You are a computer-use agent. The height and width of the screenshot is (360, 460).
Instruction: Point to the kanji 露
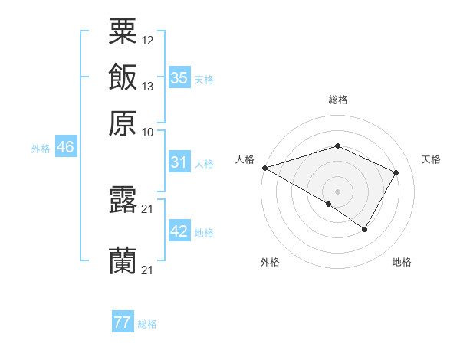123,201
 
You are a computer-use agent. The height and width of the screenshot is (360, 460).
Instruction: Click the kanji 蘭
123,262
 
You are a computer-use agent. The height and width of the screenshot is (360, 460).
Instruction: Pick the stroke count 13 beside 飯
148,86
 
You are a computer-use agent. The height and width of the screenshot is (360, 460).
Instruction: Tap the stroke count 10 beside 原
148,131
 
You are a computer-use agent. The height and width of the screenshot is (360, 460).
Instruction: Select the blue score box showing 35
179,77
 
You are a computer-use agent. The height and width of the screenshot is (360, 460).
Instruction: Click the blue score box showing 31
179,162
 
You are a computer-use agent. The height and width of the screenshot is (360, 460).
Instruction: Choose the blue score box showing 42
179,231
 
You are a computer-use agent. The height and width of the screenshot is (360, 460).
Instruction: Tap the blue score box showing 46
65,147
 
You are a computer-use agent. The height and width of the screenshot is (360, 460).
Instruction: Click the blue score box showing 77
123,322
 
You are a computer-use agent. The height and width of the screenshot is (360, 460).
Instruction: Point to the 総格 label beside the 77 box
147,324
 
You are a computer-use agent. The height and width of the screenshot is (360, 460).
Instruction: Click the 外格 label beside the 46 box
41,148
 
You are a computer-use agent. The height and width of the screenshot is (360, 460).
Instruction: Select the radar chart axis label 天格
431,159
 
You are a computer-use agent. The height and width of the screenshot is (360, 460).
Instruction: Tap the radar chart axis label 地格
402,262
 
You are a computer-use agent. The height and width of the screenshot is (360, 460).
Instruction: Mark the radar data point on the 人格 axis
264,168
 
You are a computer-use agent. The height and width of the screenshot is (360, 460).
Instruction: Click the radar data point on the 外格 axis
329,204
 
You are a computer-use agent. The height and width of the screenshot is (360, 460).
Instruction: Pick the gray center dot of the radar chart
337,191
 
